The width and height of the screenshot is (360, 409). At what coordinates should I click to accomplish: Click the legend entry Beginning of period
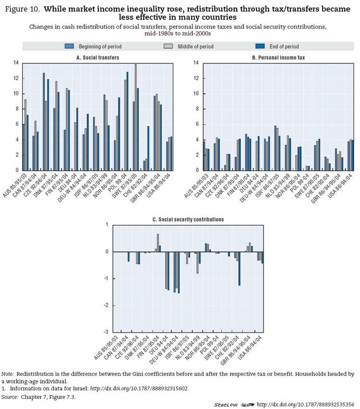coord(93,47)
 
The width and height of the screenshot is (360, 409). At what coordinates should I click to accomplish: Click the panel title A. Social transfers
coord(98,58)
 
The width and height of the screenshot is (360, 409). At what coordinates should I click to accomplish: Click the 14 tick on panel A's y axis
coord(15,63)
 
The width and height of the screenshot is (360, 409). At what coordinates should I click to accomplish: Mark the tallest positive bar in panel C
coord(158,243)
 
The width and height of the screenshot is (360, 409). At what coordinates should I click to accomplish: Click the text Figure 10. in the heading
coord(23,9)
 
